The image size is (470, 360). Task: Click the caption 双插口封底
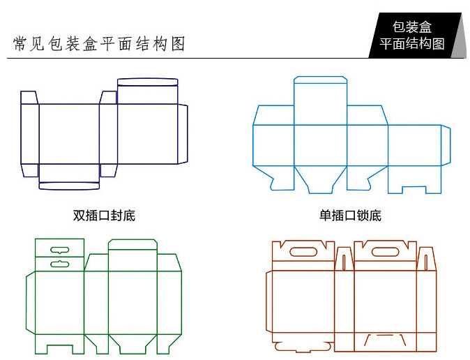[104, 216]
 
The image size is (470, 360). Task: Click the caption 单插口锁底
[350, 216]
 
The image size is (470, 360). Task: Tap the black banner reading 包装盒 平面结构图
[414, 36]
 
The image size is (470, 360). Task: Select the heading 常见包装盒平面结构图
[99, 44]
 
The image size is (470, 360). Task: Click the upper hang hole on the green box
[60, 250]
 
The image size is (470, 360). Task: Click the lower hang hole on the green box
[60, 264]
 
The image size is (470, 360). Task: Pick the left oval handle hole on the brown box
[303, 252]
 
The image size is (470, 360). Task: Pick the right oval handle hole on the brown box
[386, 252]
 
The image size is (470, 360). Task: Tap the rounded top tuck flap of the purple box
[147, 82]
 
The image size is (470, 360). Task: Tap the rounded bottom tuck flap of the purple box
[69, 186]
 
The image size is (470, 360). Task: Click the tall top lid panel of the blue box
[321, 100]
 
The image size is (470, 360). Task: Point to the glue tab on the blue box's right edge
[446, 145]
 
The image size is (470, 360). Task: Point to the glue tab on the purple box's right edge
[183, 134]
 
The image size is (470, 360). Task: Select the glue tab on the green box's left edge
[31, 303]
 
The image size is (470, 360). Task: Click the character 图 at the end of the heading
[178, 44]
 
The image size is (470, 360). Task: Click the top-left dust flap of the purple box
[29, 98]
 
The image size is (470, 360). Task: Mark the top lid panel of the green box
[132, 255]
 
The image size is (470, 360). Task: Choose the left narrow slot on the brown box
[344, 262]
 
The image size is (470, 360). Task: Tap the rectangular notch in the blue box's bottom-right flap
[414, 190]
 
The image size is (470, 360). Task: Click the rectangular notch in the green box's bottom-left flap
[60, 350]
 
